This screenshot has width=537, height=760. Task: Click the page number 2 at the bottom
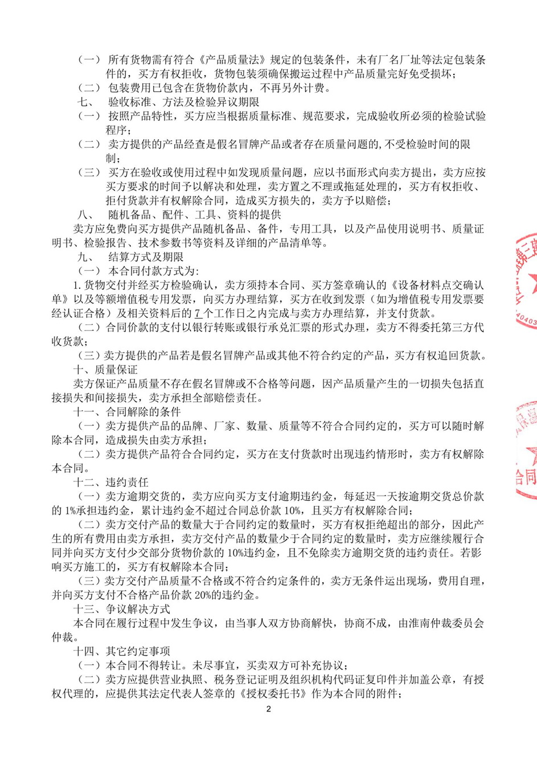click(x=269, y=709)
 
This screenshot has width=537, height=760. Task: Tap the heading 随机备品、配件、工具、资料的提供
click(x=194, y=215)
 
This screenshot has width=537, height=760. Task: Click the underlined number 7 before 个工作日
click(x=198, y=313)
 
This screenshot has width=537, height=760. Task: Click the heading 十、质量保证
click(x=105, y=370)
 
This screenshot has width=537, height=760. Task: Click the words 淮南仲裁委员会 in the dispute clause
click(x=446, y=623)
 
